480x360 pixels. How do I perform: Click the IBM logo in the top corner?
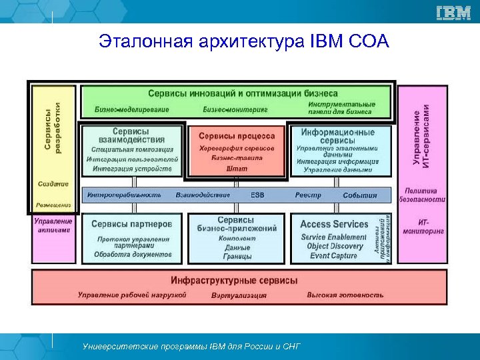[x=453, y=13]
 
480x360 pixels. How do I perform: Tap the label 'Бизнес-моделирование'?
[x=132, y=109]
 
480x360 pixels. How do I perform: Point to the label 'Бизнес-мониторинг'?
[x=235, y=109]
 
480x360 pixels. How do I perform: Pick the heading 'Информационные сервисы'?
[x=336, y=136]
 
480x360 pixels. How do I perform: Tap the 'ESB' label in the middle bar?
[x=257, y=195]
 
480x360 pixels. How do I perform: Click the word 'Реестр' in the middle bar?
[x=308, y=195]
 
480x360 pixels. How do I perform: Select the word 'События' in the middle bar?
[x=359, y=195]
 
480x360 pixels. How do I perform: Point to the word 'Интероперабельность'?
[x=123, y=195]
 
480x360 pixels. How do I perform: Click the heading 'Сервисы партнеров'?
[x=131, y=225]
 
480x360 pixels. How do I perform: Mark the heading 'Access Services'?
[x=334, y=225]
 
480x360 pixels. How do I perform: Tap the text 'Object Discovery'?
[x=335, y=246]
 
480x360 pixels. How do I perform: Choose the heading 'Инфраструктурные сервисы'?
[x=234, y=281]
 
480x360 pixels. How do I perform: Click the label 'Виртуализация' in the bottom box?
[x=239, y=295]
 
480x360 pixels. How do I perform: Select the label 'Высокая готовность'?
[x=345, y=294]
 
